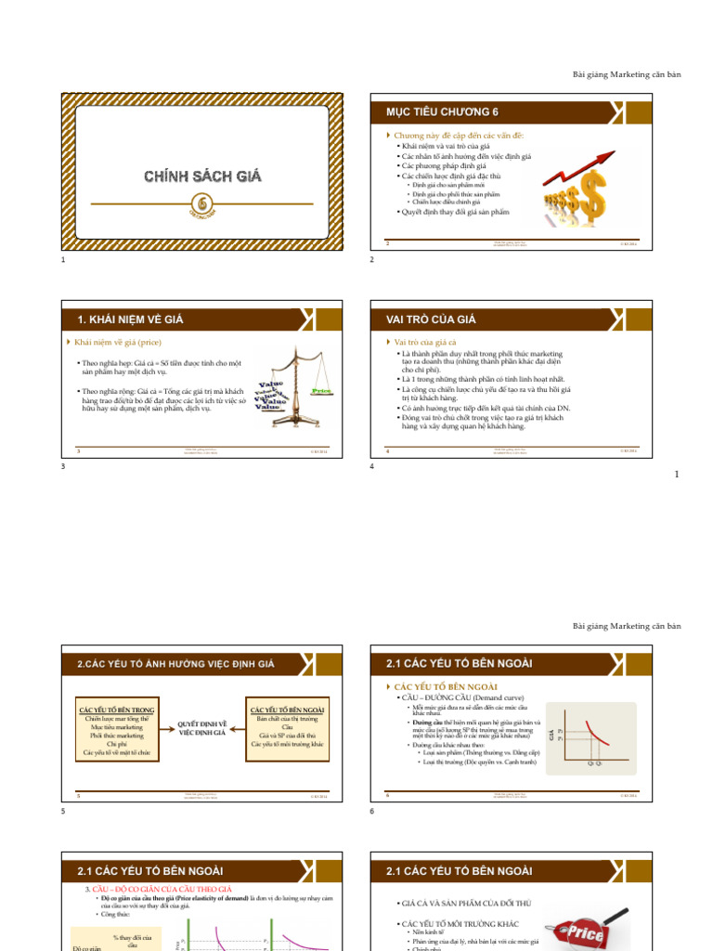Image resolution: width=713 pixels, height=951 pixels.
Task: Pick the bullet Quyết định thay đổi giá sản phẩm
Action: (454, 212)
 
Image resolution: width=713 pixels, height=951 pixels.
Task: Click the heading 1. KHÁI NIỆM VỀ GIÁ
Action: (130, 319)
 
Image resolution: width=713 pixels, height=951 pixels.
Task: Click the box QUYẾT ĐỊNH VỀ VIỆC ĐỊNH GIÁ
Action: (202, 727)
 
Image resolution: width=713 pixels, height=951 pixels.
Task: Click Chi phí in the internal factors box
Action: (117, 744)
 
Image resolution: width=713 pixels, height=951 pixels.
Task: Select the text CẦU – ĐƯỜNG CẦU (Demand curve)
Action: (460, 697)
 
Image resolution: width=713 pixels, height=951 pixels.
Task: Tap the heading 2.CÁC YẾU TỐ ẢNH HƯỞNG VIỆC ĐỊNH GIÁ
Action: (175, 663)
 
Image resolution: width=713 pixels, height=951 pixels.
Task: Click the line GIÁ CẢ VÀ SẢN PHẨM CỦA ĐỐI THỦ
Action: (467, 904)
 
